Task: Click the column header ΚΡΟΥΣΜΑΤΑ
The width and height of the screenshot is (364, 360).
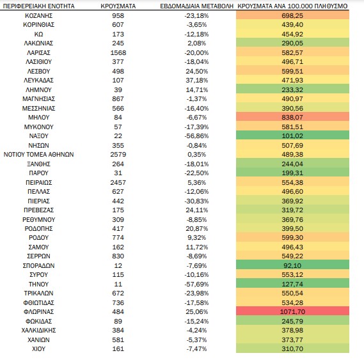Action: pos(118,6)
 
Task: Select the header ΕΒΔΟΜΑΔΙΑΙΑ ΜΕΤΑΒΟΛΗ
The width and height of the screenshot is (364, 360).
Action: pos(196,6)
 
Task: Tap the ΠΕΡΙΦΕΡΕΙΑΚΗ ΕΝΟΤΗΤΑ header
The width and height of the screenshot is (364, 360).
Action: pos(39,6)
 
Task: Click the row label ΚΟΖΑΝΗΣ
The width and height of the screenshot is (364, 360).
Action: pos(39,16)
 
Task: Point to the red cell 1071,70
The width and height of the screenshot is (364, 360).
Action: pos(292,311)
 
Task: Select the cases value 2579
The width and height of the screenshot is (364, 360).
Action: pos(118,155)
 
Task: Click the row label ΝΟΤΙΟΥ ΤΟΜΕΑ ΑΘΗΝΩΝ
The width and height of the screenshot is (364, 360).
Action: pos(39,155)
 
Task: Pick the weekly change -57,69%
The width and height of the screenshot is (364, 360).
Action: pos(196,284)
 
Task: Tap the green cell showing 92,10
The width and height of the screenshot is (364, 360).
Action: pos(292,265)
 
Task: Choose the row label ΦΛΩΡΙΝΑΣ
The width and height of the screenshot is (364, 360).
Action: pos(39,311)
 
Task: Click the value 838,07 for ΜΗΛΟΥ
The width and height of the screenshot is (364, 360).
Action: pos(292,118)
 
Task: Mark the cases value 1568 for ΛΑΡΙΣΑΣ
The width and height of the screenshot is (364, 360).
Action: pos(118,52)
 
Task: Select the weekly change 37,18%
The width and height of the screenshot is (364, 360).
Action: pos(197,81)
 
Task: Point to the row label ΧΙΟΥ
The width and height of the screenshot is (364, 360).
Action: pos(39,349)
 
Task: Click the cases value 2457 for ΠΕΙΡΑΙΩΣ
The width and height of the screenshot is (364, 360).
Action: pos(118,182)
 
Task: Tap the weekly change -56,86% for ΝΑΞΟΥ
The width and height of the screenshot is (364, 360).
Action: pos(196,136)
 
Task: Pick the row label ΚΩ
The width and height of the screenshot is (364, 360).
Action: pos(39,35)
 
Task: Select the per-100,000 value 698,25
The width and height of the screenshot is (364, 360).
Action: pos(292,16)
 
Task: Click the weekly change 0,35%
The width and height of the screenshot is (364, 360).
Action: pos(197,155)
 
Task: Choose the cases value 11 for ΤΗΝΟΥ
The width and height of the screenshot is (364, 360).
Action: pos(118,284)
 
